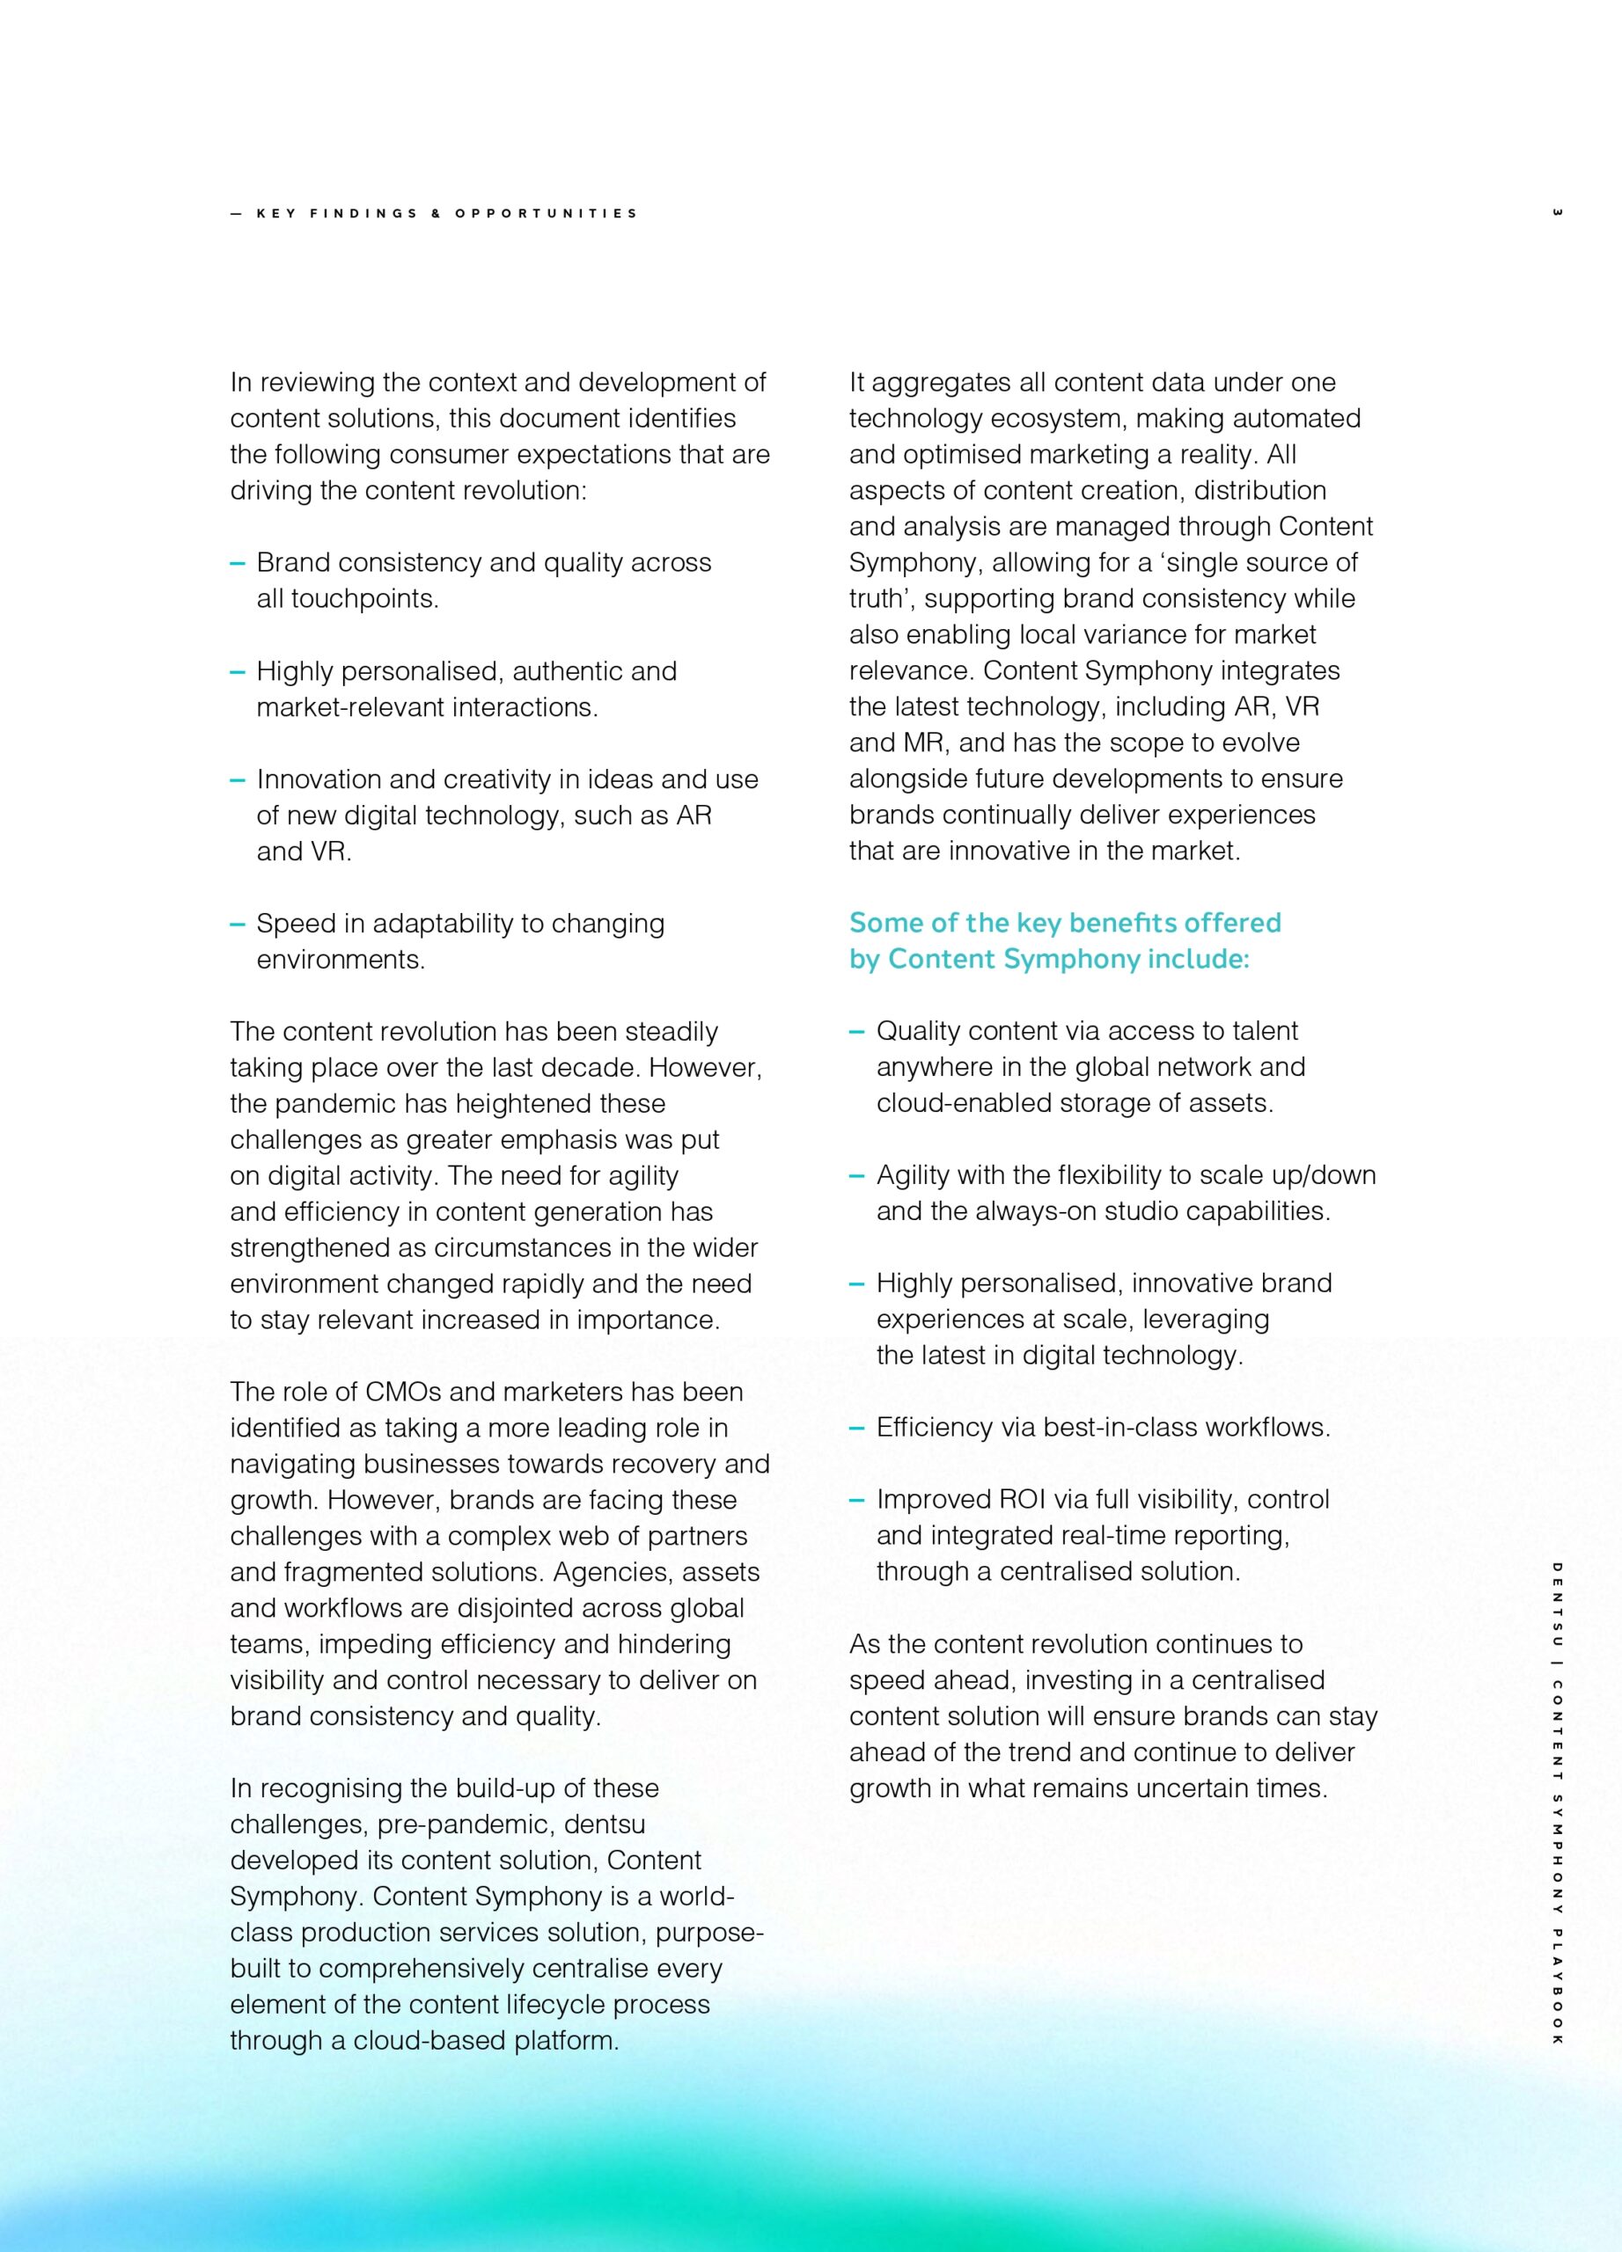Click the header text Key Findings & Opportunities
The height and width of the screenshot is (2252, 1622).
pos(446,214)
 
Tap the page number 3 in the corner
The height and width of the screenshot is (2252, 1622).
pos(1557,213)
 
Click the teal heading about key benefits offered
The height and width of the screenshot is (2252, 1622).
pos(1064,940)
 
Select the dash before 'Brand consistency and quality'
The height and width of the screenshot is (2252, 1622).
pos(238,563)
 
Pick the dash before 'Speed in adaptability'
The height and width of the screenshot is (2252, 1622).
pos(238,924)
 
